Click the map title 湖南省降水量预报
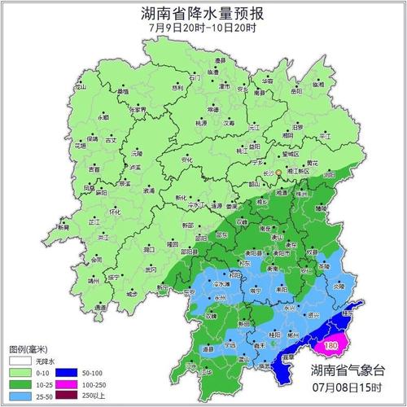tap(203, 14)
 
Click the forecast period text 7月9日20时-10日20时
tap(203, 28)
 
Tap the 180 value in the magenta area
tap(330, 346)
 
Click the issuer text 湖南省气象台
tap(351, 370)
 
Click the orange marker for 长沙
tap(278, 173)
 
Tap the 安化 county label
tap(187, 160)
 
